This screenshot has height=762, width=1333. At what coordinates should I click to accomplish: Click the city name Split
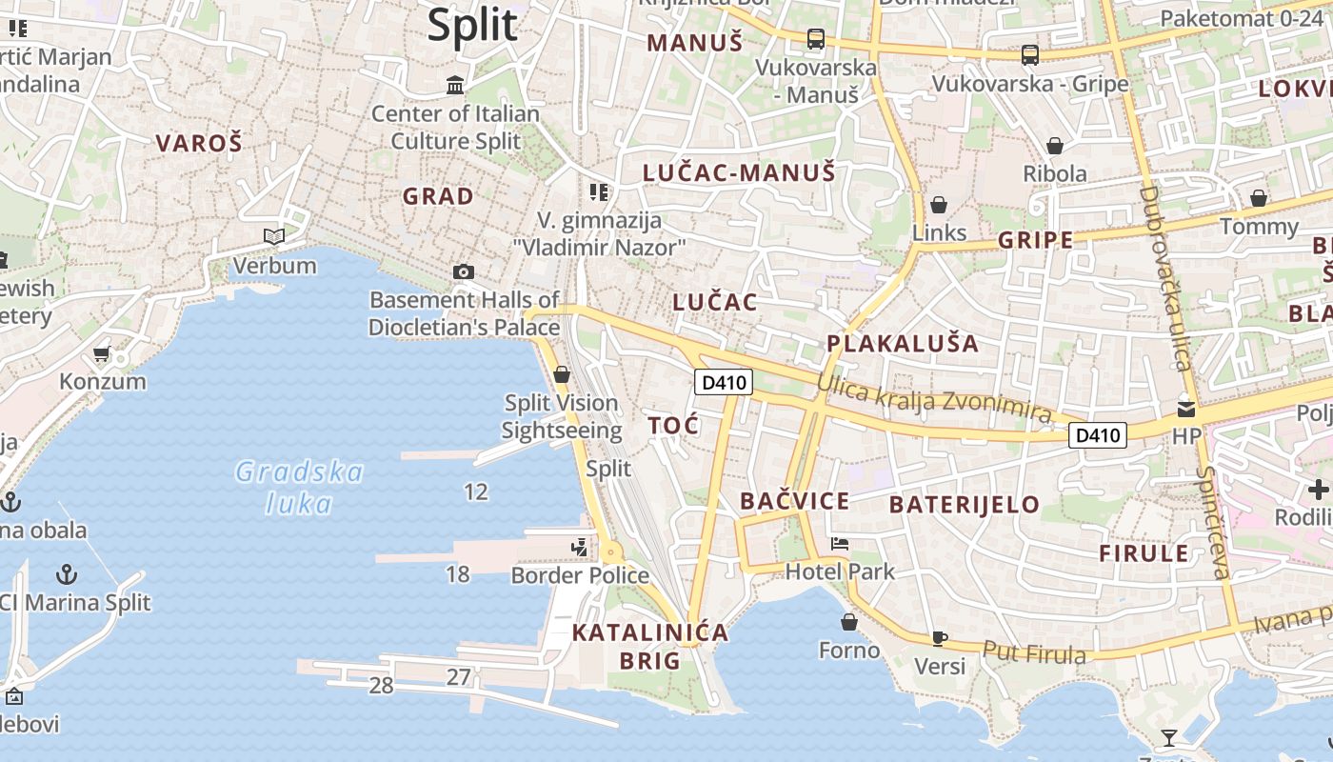[x=472, y=25]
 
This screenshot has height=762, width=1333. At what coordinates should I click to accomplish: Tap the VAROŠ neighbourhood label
[x=199, y=144]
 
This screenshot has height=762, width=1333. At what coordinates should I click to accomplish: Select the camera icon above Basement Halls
[x=464, y=272]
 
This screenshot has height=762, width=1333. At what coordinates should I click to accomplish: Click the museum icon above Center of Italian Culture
[x=455, y=86]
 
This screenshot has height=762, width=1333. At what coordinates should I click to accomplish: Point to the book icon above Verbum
[x=274, y=236]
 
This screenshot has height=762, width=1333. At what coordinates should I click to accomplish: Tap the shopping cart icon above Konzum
[x=102, y=354]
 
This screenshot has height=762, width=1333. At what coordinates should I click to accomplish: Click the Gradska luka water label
[x=299, y=487]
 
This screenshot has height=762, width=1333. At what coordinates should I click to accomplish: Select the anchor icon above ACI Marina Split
[x=67, y=574]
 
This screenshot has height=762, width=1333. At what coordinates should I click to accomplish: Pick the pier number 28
[x=381, y=685]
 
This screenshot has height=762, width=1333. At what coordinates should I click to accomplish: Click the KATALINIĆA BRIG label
[x=650, y=646]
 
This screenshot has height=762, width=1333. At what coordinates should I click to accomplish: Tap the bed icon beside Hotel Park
[x=840, y=544]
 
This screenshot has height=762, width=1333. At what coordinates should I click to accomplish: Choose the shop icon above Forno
[x=849, y=622]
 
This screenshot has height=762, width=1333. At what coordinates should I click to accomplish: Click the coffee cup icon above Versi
[x=940, y=638]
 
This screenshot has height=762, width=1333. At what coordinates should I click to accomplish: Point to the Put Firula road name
[x=1034, y=653]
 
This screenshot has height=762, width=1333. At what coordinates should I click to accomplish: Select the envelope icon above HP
[x=1186, y=409]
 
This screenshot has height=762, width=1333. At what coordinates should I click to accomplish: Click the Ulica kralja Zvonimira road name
[x=934, y=399]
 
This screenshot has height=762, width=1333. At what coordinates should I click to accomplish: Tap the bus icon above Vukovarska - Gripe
[x=1030, y=55]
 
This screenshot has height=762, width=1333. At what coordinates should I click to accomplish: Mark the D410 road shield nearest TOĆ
[x=725, y=383]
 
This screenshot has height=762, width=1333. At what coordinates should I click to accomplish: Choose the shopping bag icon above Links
[x=939, y=205]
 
